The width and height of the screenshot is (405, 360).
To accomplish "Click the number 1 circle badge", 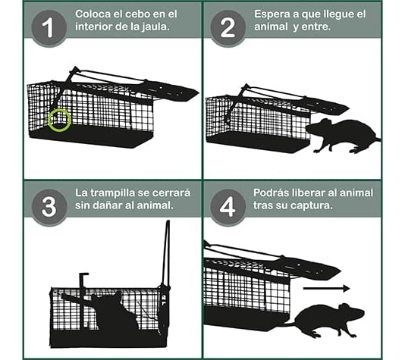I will pyautogui.click(x=49, y=28).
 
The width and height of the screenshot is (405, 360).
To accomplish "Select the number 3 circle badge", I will pyautogui.click(x=49, y=207).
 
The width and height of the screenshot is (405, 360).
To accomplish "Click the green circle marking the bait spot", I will pyautogui.click(x=59, y=120).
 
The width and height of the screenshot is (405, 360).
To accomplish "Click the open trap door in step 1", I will pyautogui.click(x=171, y=89).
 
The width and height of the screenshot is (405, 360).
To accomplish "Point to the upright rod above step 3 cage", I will pyautogui.click(x=166, y=258).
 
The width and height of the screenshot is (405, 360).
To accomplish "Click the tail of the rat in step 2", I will pyautogui.click(x=372, y=139).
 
